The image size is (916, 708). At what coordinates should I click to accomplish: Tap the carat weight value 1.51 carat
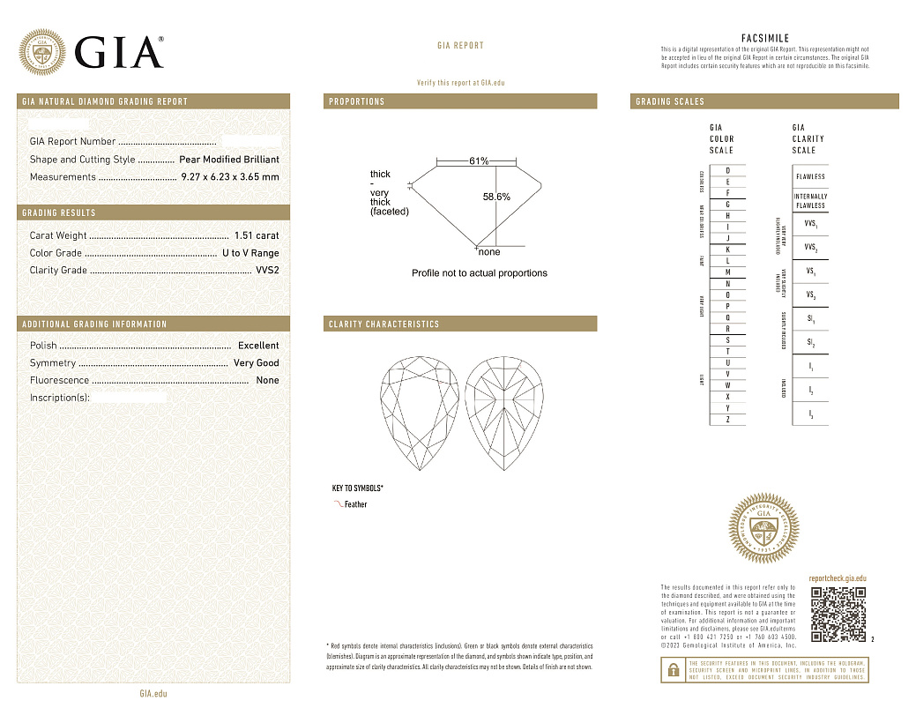257,235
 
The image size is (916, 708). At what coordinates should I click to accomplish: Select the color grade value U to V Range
250,253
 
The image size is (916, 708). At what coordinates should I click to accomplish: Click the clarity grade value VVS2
267,271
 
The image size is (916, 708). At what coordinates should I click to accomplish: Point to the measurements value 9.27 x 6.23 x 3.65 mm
229,177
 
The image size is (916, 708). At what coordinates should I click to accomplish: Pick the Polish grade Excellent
258,346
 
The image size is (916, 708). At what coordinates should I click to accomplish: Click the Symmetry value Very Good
256,363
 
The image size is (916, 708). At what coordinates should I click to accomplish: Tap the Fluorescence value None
267,381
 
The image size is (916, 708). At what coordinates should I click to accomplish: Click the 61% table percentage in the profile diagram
479,161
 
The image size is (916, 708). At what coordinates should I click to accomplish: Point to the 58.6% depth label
496,197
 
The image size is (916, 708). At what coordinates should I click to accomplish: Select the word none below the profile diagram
488,252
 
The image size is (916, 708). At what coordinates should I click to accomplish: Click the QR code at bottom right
838,614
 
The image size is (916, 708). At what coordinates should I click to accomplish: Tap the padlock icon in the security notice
673,670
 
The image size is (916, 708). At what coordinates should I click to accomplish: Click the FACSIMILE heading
765,39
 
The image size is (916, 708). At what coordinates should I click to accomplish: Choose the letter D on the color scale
727,170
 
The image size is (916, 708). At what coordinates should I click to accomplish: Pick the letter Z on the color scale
727,420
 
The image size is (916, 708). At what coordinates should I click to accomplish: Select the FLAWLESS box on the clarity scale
810,176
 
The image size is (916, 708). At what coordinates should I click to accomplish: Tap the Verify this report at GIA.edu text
460,83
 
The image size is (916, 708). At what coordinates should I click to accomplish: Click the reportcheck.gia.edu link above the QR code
838,577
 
